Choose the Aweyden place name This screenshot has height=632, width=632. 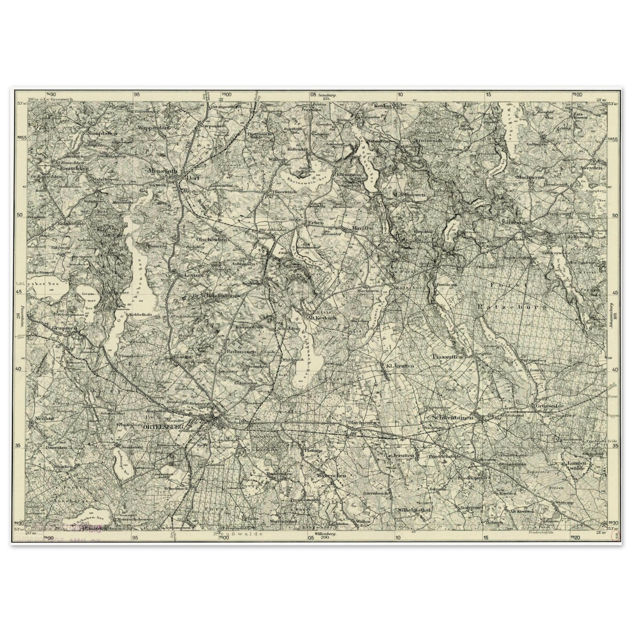tap(591, 168)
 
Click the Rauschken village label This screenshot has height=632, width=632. tap(74, 168)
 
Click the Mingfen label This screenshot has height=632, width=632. tap(363, 228)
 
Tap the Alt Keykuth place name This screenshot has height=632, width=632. tap(322, 318)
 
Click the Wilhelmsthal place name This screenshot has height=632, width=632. tap(414, 510)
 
